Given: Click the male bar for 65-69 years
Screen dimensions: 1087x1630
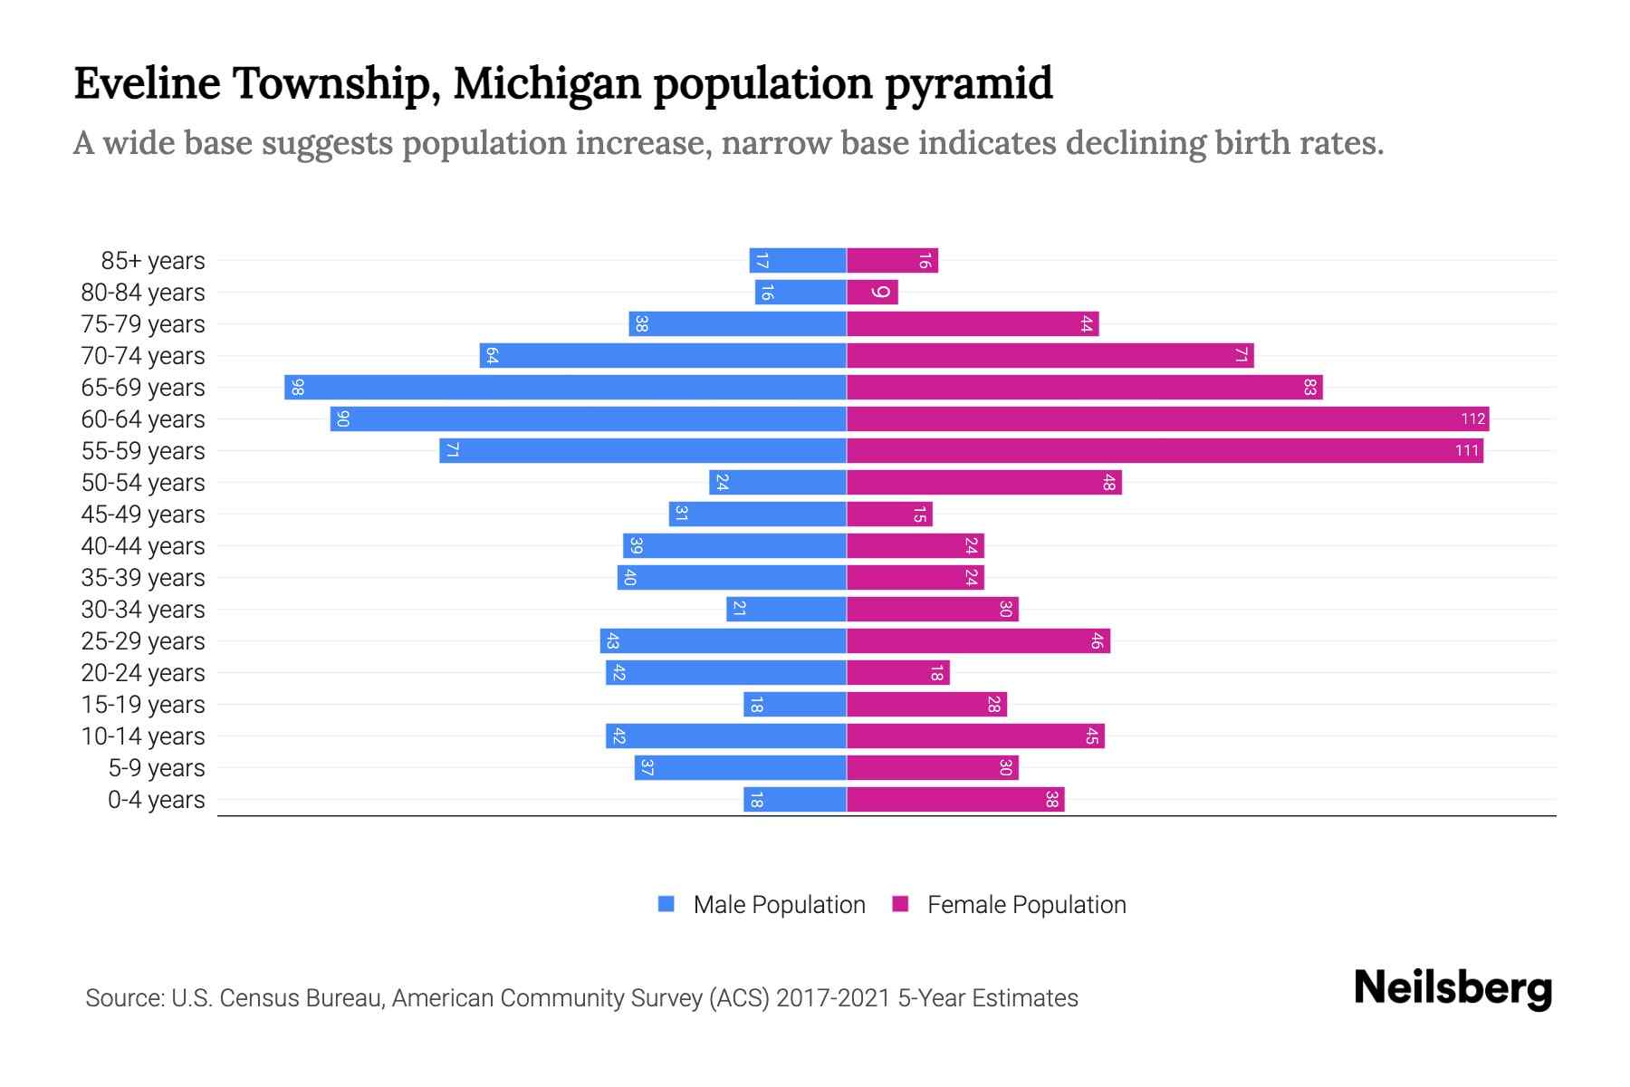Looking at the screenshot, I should (x=565, y=388).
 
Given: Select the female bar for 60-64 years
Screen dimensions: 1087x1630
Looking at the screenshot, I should (x=1167, y=419).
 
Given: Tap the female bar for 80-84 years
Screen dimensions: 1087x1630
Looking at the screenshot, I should (x=872, y=293).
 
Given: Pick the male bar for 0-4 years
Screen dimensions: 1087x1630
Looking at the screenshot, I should (x=795, y=800).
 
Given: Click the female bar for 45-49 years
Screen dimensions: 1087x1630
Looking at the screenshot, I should (x=889, y=515).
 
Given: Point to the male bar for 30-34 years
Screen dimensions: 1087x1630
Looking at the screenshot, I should (x=786, y=610).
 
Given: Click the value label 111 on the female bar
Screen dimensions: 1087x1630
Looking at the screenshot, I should (x=1466, y=451).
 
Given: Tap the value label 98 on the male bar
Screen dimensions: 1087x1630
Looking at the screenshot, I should (x=298, y=388).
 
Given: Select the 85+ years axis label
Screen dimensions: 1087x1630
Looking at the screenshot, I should (x=152, y=261).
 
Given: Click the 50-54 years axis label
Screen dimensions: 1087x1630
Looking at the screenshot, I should (x=143, y=483).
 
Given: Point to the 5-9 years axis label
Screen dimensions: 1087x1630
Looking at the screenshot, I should (x=156, y=768).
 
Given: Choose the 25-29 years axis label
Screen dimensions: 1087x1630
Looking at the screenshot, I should (x=143, y=641).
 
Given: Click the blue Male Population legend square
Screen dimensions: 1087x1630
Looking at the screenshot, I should (x=666, y=904).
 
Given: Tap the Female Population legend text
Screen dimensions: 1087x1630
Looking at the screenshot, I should (x=1026, y=905).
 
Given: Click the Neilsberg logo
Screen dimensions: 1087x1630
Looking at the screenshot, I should (x=1453, y=988).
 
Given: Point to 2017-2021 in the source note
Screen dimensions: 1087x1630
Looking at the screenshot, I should (x=833, y=998).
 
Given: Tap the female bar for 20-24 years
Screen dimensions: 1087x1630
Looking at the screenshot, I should (x=898, y=673).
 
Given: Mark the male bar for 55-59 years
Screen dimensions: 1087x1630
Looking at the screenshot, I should (x=643, y=451).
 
